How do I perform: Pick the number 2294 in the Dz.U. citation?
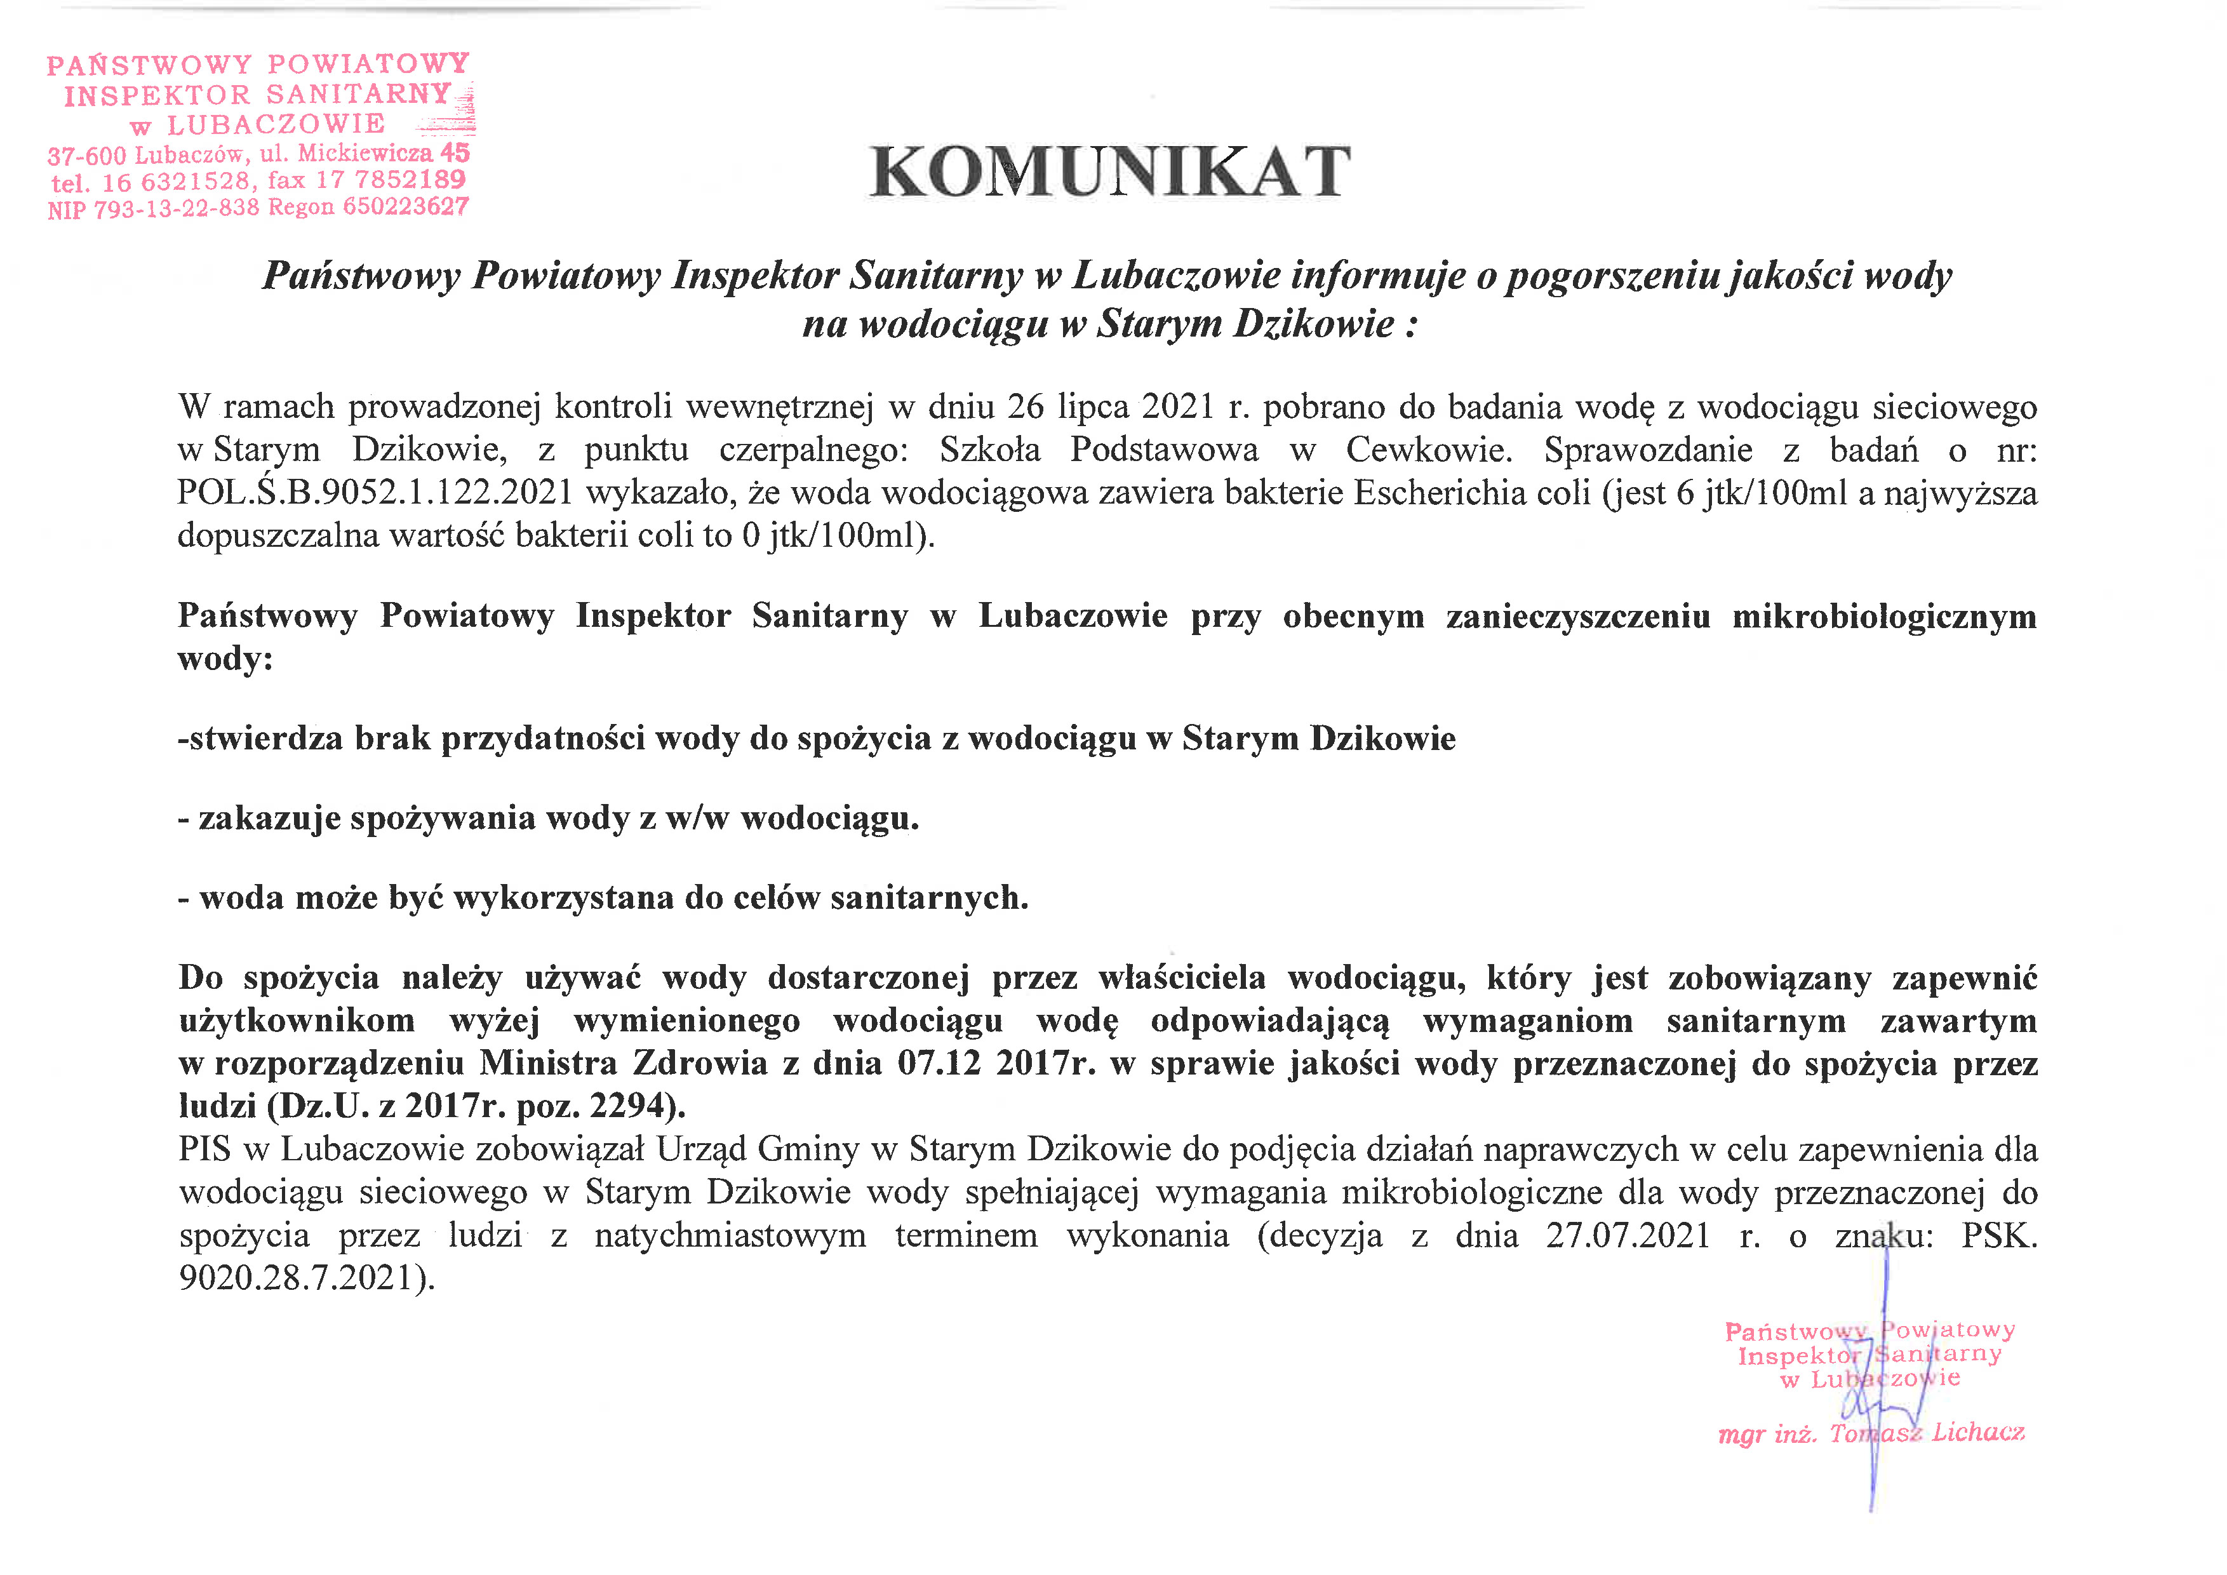[631, 1106]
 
